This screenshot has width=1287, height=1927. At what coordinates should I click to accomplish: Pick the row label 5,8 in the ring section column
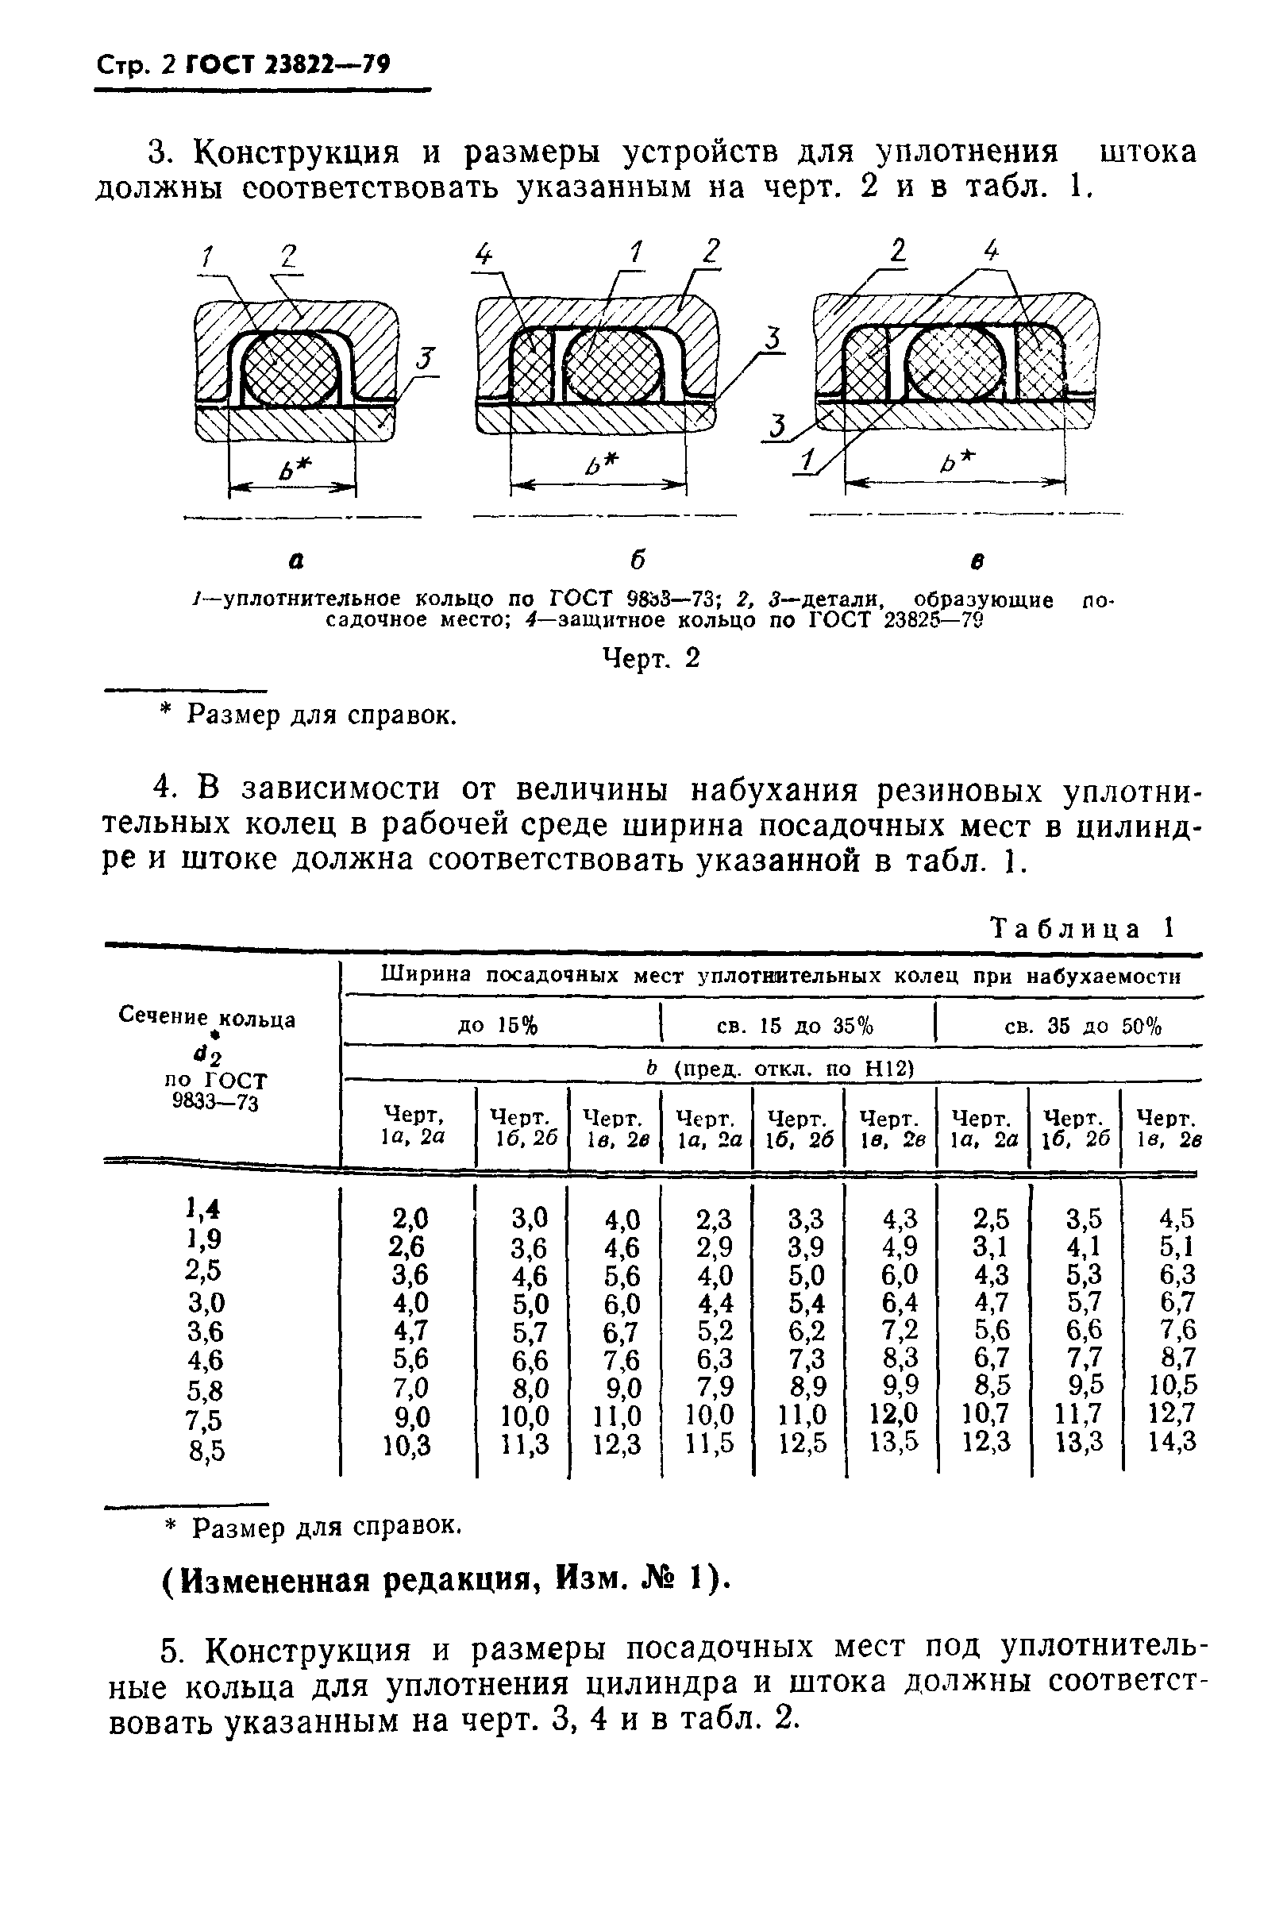(x=205, y=1390)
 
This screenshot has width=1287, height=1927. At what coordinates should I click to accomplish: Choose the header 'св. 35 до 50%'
(x=1083, y=1026)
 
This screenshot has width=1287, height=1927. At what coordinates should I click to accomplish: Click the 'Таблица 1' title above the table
(x=1083, y=928)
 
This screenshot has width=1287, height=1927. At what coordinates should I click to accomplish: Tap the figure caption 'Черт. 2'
(x=651, y=658)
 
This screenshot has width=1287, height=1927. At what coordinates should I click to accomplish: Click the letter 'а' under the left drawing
(x=296, y=562)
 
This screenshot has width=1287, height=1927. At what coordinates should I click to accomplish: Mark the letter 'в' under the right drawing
(x=977, y=562)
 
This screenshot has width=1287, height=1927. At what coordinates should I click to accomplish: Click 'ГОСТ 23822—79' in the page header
(x=288, y=64)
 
